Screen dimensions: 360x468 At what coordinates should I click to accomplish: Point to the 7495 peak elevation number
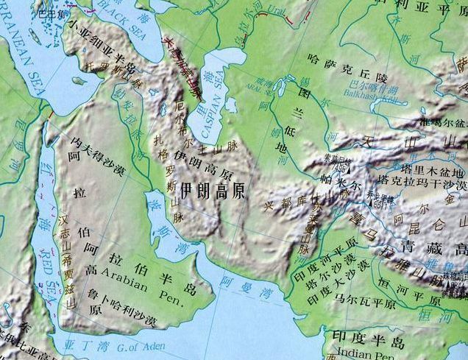339,169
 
